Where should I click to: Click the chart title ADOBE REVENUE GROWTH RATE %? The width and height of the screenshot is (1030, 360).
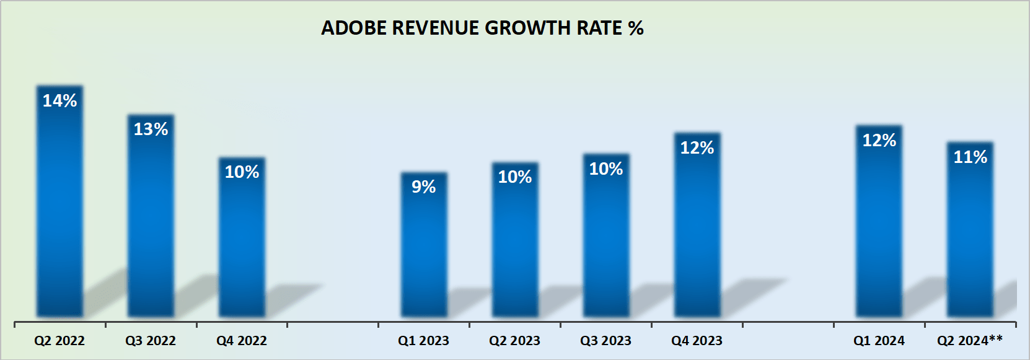point(482,29)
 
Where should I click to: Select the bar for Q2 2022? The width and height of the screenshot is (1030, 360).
point(59,211)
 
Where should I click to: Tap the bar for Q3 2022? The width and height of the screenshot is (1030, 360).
point(151,223)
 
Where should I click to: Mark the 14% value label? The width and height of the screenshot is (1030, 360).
point(59,100)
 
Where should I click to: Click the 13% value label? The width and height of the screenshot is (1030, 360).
point(151,129)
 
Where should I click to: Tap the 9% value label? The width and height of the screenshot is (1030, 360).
point(424,187)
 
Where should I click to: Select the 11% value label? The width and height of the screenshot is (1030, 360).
point(970,157)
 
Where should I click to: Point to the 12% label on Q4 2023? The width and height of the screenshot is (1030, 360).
point(697,147)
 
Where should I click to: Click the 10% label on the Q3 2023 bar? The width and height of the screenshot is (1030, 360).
point(606,169)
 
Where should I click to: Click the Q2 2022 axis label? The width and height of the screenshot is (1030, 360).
point(59,341)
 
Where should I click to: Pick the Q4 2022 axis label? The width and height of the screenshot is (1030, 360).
point(242,341)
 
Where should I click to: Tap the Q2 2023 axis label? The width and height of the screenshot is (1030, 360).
point(514,341)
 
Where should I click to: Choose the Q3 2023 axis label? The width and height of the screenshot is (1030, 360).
point(605,341)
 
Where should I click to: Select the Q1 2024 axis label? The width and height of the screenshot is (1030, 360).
point(879,341)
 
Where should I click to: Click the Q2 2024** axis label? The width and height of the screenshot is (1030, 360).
point(970,340)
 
